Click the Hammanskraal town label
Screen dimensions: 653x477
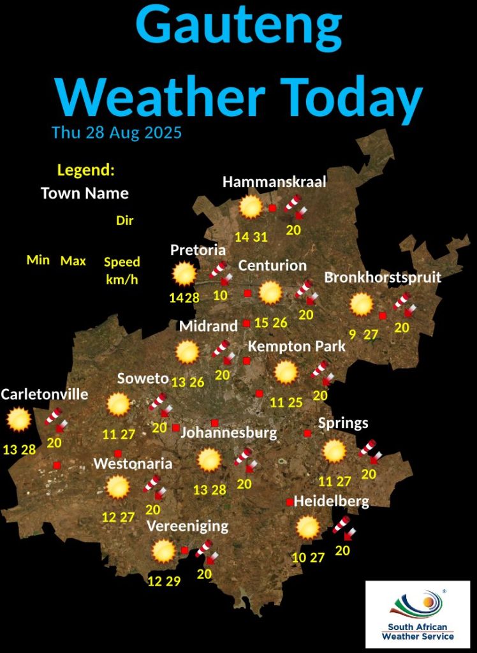point(274,182)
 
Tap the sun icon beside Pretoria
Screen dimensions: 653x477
point(185,274)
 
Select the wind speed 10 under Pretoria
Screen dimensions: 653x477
point(221,295)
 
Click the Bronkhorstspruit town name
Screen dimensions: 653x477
point(383,277)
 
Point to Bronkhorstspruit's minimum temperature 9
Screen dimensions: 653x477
point(353,334)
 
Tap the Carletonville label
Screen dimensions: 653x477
point(45,394)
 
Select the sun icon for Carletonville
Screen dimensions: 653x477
point(18,420)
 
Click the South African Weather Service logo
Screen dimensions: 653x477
point(418,613)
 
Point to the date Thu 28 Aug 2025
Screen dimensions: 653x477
point(117,133)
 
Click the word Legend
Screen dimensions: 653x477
point(85,170)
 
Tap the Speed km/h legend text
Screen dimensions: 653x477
point(122,270)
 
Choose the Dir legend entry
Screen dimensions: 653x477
point(124,221)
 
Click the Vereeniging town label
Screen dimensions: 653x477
point(187,526)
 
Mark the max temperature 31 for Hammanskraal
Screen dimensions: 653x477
point(260,237)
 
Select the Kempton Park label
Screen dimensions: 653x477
point(297,346)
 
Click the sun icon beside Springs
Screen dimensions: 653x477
point(334,451)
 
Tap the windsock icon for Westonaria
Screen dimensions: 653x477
point(153,485)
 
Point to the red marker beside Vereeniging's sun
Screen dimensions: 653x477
point(184,550)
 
